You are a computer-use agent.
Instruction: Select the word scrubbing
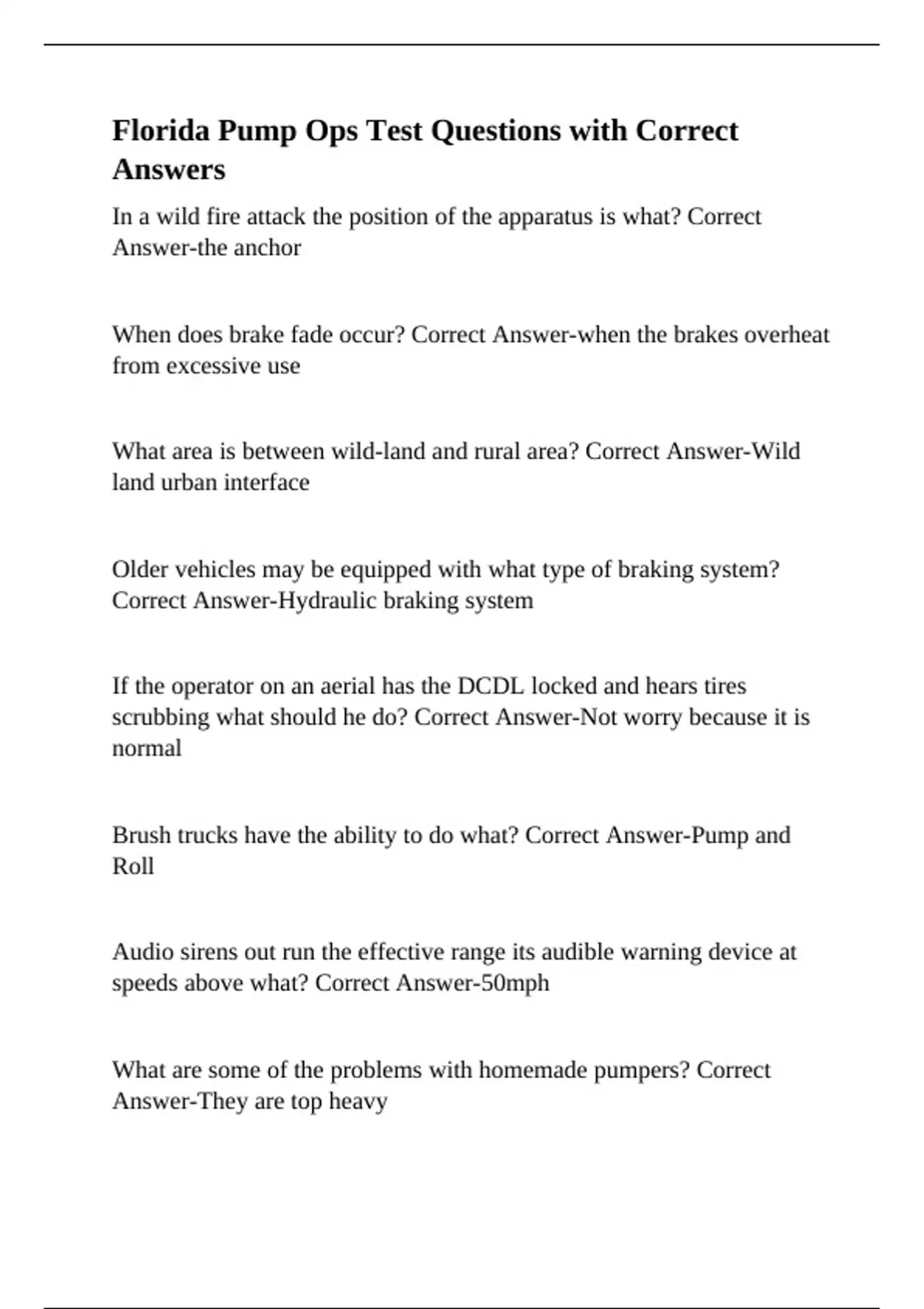[x=160, y=718]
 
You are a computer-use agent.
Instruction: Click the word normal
[x=146, y=748]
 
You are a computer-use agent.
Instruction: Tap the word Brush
[x=142, y=835]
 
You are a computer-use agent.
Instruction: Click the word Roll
[x=132, y=867]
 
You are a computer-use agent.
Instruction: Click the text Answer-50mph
[x=473, y=983]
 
